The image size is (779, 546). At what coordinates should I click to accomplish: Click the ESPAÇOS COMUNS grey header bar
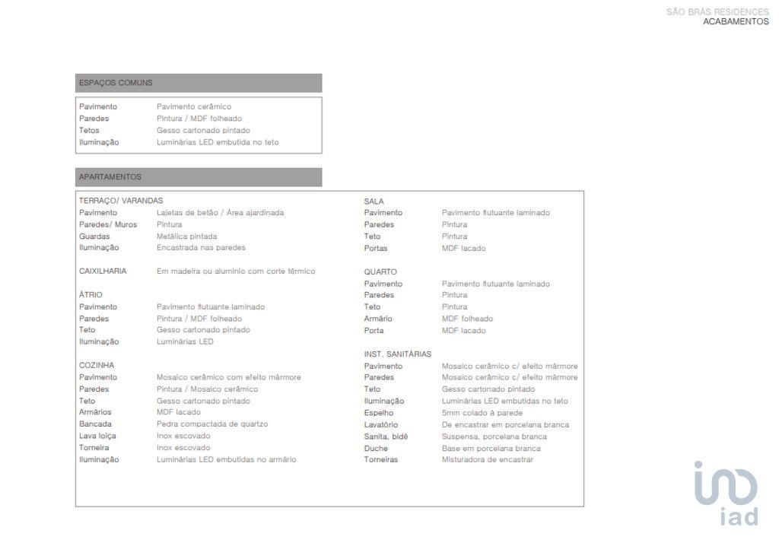pos(199,83)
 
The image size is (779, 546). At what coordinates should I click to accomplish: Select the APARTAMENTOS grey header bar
pos(199,177)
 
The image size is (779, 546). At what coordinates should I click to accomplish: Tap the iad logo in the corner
pos(727,493)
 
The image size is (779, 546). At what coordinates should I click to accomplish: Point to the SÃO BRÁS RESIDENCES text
pos(717,12)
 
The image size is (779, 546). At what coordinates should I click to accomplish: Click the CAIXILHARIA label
pos(103,271)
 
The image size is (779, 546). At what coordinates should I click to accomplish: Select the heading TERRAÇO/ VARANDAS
pos(121,201)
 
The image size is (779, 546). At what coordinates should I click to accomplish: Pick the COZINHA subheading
pos(97,365)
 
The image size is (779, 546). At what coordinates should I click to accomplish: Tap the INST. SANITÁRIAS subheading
pos(397,354)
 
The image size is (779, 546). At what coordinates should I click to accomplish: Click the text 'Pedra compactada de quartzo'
pos(212,424)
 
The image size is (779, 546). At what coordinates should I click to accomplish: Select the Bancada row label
pos(95,424)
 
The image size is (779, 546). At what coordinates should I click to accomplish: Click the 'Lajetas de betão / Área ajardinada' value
pos(220,213)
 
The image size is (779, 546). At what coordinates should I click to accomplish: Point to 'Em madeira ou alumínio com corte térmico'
pos(236,271)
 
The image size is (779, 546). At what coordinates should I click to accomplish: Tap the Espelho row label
pos(378,413)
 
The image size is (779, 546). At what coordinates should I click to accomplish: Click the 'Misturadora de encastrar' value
pos(488,459)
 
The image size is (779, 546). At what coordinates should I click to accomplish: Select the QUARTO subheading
pos(380,271)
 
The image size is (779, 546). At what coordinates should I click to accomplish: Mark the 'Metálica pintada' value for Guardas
pos(186,236)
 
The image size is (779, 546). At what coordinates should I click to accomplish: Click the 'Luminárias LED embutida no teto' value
pos(218,142)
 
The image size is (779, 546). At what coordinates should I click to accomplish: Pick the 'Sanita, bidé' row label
pos(386,436)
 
